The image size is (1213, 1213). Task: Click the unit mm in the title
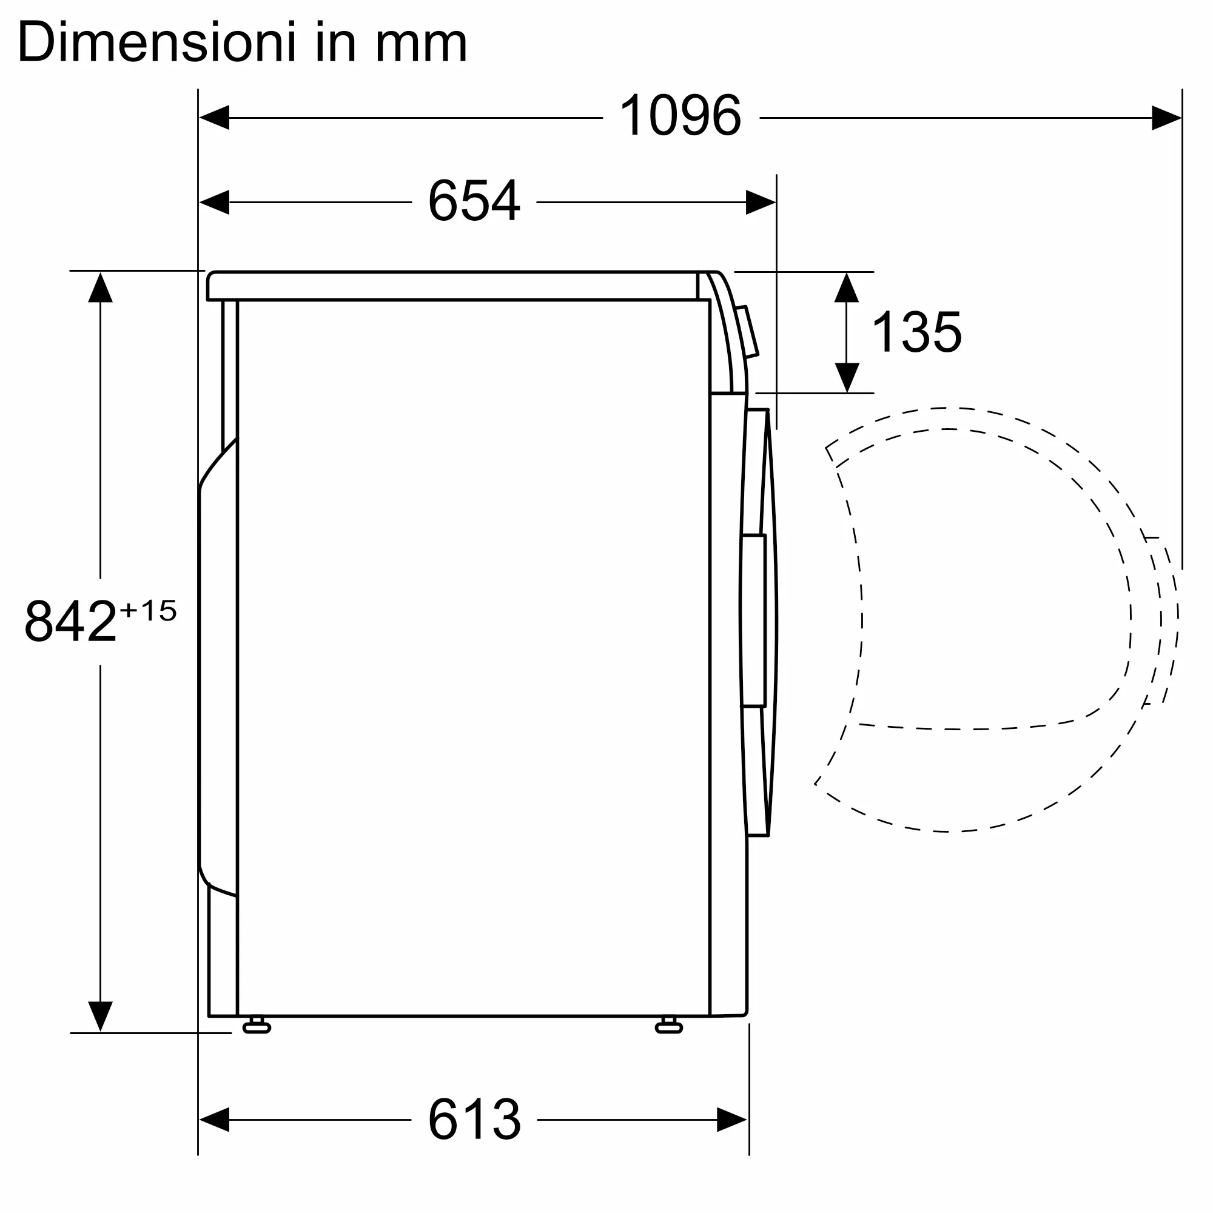coord(422,47)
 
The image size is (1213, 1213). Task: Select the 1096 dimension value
coord(680,115)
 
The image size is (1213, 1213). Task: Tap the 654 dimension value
coord(474,200)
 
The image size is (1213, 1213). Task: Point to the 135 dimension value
coord(916,332)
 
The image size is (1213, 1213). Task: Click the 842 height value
coord(70,621)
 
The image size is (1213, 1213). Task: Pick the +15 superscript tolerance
coord(148,610)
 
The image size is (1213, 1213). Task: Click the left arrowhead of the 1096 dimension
coord(214,118)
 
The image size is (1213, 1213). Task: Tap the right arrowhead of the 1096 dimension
coord(1166,118)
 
